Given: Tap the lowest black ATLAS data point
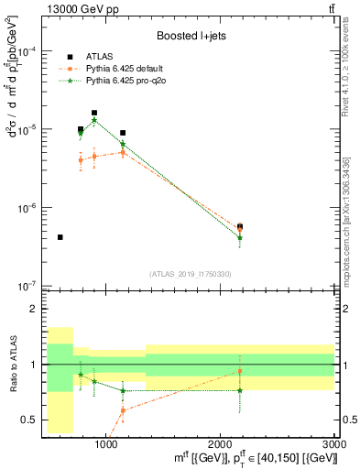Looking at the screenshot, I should [60, 237].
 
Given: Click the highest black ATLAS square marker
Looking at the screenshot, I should [94, 113].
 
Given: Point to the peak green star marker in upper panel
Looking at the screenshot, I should [94, 121].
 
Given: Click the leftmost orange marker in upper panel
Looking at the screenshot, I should [81, 160].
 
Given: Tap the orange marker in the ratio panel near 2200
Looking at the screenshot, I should [240, 371].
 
